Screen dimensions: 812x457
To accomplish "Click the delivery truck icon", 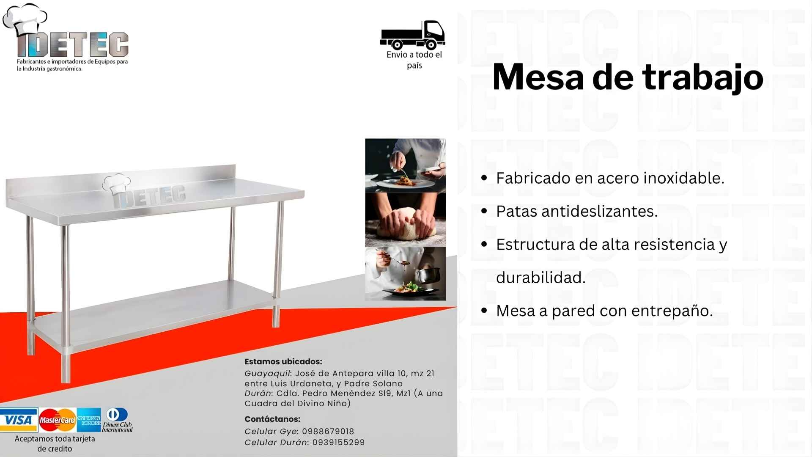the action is [x=412, y=35].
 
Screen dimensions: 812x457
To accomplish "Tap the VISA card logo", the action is [x=19, y=420].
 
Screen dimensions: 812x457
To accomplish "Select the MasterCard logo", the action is [x=57, y=420].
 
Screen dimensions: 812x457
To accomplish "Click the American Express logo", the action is [x=89, y=420].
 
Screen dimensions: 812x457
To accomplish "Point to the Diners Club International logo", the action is [x=117, y=420].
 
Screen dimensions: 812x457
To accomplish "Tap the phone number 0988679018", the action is [x=328, y=431].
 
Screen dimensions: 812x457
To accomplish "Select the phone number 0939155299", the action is [x=338, y=442].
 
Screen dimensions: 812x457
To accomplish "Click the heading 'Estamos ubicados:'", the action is [x=283, y=361].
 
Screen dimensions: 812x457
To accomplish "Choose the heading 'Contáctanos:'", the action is [x=272, y=419].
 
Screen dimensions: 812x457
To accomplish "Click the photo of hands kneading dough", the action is [x=405, y=220].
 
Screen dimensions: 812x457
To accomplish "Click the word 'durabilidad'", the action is [x=539, y=278].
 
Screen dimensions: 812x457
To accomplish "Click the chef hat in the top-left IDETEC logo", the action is [x=25, y=19].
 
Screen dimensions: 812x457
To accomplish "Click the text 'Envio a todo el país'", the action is [x=414, y=60].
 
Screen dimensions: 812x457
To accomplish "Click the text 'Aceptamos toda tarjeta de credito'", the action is [x=55, y=443].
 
